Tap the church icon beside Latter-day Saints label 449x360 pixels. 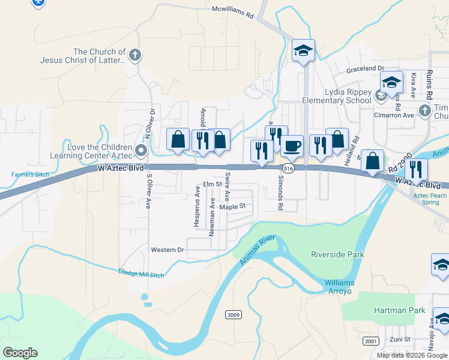[x=135, y=56]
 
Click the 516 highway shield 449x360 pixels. [x=289, y=170]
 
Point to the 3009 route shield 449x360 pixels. [x=233, y=314]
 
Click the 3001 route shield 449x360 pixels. [x=370, y=341]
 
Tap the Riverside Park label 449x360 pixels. [x=337, y=254]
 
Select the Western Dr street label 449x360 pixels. [x=167, y=250]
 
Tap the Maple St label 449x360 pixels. [x=233, y=206]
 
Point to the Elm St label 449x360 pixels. [x=212, y=184]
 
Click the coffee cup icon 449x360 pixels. [x=292, y=146]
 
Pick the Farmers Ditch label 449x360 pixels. [x=29, y=175]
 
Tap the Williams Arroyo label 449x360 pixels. [x=340, y=287]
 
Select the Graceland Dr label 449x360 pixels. [x=364, y=70]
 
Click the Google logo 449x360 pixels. [x=20, y=352]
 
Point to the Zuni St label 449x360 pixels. [x=399, y=339]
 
